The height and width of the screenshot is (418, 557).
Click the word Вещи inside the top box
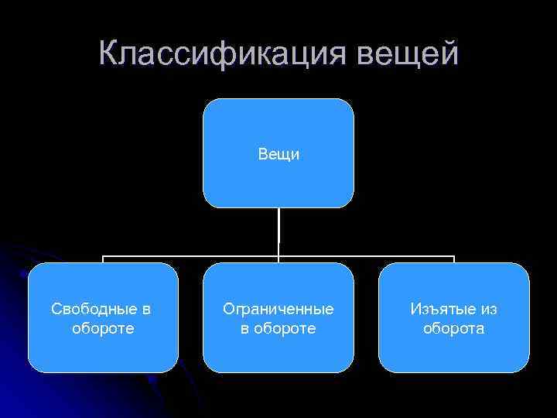[x=278, y=154]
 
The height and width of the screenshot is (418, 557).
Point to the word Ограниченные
[x=278, y=309]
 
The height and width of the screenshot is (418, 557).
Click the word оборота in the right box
[x=454, y=328]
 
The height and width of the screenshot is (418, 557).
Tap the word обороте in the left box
[x=103, y=328]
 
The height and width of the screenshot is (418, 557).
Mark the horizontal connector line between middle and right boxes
[x=367, y=255]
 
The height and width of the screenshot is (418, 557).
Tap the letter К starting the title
[x=110, y=53]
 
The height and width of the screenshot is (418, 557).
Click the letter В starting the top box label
[x=263, y=154]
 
